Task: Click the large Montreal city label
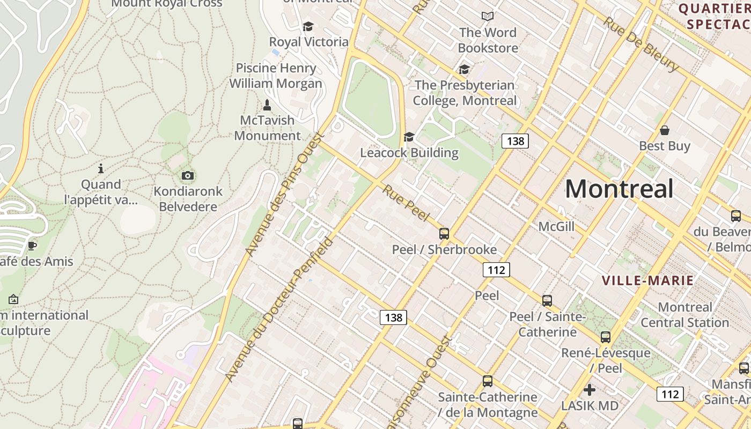(619, 189)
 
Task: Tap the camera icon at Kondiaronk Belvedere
(188, 175)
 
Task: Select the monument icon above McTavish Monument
(267, 105)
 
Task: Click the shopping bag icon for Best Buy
(664, 130)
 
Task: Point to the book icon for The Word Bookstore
(487, 17)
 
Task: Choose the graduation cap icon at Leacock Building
(409, 137)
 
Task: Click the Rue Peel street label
(406, 203)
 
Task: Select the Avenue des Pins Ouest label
(284, 194)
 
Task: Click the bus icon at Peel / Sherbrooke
(444, 234)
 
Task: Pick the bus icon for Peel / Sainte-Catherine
(547, 301)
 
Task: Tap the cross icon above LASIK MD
(590, 390)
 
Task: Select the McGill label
(556, 227)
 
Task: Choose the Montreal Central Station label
(684, 315)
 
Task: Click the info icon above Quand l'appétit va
(101, 169)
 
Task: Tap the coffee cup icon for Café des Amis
(32, 246)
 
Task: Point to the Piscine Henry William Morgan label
(276, 76)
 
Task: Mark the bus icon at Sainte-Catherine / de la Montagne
(487, 381)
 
